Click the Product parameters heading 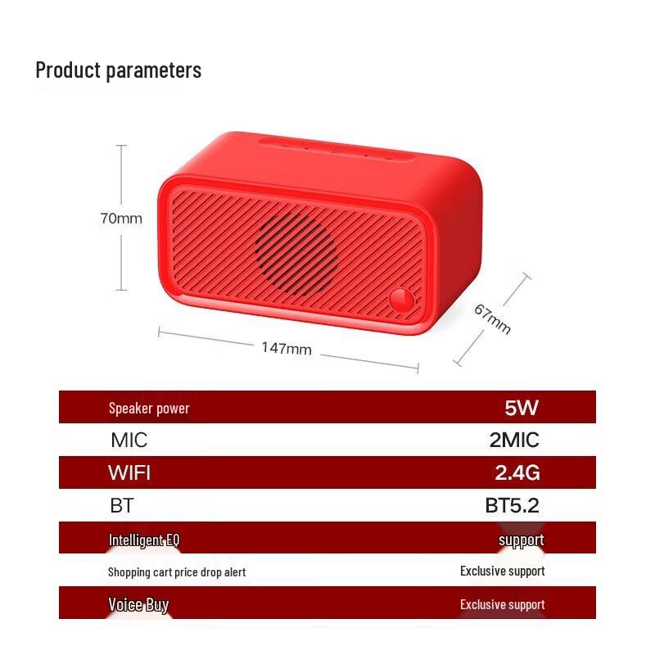point(118,70)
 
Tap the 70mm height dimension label point(121,219)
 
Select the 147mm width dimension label point(287,348)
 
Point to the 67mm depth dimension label point(493,319)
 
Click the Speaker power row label point(149,408)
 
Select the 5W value point(522,408)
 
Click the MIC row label point(129,440)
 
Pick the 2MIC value point(514,440)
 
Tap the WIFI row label point(129,472)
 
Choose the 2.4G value point(517,472)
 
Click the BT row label point(121,505)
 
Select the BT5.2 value point(513,505)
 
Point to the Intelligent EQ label point(144,540)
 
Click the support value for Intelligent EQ point(521,540)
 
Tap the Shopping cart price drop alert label point(177,571)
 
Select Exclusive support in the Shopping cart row point(502,571)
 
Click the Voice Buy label point(138,605)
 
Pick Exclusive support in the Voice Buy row point(502,605)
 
